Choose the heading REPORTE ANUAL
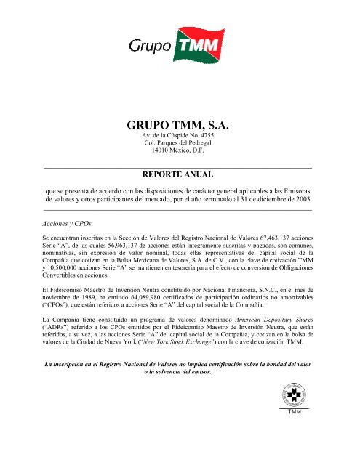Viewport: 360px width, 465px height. pyautogui.click(x=179, y=175)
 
